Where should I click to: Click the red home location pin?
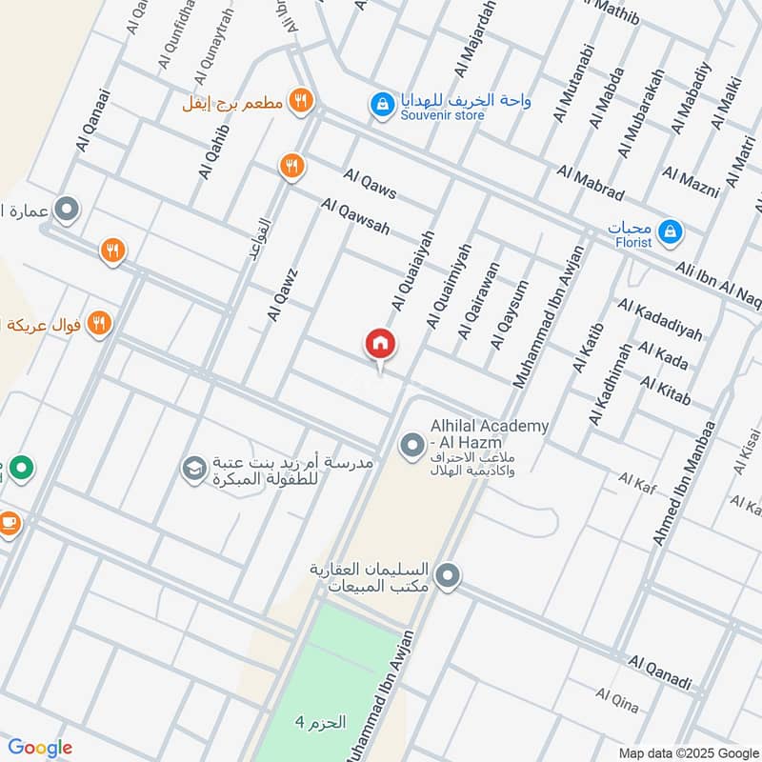(x=381, y=345)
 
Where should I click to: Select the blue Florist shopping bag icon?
(x=671, y=231)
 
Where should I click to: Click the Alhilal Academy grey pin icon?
(x=411, y=444)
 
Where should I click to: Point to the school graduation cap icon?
(x=193, y=468)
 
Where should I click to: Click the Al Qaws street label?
(x=371, y=184)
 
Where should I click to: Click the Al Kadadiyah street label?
(x=660, y=319)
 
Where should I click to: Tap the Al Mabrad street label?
(x=591, y=184)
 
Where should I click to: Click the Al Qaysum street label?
(x=509, y=314)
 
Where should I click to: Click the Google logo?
(x=40, y=748)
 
